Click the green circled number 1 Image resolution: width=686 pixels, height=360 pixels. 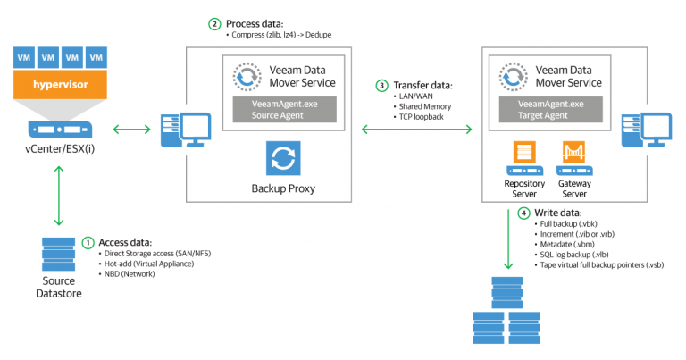click(x=88, y=242)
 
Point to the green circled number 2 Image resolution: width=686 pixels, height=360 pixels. click(x=214, y=23)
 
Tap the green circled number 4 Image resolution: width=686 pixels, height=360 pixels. click(x=523, y=213)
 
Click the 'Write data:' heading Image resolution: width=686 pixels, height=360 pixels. click(x=559, y=213)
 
